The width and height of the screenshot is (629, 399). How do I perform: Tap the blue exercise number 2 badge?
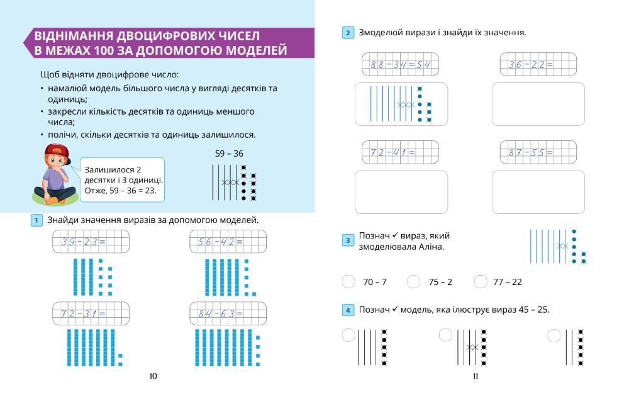point(348,33)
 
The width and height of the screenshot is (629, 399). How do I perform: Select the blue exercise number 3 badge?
point(348,240)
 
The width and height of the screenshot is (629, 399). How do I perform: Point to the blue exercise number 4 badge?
point(348,310)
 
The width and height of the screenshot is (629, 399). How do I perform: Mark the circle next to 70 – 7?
point(348,282)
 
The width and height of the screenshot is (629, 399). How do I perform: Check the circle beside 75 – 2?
point(413,282)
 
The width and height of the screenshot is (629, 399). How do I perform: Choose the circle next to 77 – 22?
point(481,282)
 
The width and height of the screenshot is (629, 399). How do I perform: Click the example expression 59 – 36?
point(229,153)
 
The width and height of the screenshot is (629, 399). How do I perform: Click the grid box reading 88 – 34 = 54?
point(401,64)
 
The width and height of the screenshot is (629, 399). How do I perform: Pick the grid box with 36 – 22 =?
point(538,64)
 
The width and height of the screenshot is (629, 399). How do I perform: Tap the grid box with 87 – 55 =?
point(538,152)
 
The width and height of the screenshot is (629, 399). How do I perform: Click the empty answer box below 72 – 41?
point(401,193)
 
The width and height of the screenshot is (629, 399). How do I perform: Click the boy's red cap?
point(55,152)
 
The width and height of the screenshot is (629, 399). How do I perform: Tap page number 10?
point(153,376)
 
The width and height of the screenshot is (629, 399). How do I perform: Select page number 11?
point(476,376)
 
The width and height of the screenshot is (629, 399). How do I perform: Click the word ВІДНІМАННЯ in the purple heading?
point(81,36)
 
